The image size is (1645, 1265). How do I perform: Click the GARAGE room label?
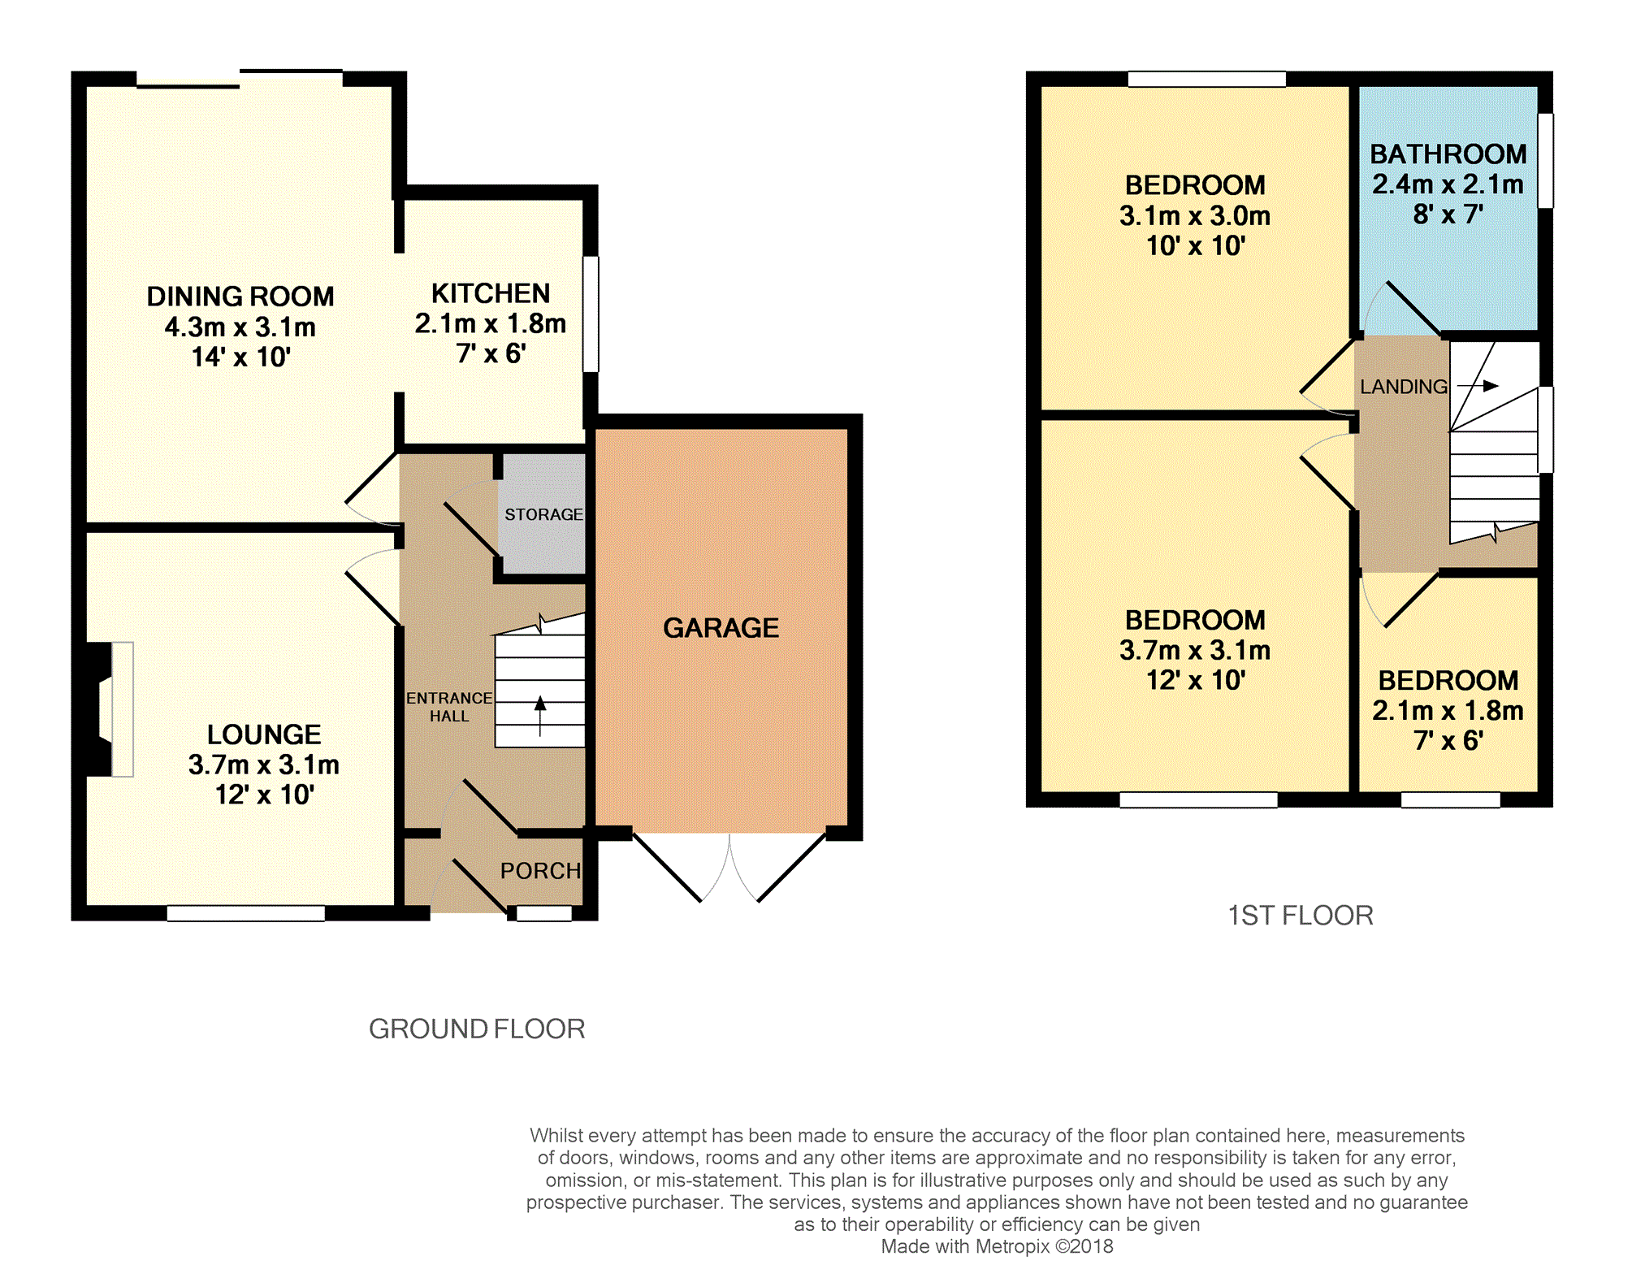point(721,627)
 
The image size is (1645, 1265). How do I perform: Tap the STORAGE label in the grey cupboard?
point(543,514)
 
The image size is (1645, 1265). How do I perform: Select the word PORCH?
point(540,871)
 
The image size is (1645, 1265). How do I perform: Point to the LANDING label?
point(1404,387)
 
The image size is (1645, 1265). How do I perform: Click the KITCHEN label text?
point(491,293)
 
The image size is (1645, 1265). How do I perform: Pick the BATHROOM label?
point(1448,154)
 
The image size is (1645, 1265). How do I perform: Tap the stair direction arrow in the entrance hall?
point(540,716)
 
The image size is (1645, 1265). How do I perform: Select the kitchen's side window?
point(591,314)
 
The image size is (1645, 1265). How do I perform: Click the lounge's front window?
point(245,913)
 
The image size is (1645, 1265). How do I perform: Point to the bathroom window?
point(1546,160)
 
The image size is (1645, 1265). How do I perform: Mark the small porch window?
point(544,913)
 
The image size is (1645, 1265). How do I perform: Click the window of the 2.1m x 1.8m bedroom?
point(1450,799)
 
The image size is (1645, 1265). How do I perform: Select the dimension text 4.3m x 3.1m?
point(240,327)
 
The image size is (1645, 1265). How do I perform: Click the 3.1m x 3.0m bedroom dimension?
point(1195,215)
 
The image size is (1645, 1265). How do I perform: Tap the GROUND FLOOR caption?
point(477,1029)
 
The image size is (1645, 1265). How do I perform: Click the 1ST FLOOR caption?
point(1301,916)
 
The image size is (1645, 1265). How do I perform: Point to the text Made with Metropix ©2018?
point(997,1246)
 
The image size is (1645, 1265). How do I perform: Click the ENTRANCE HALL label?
point(449,707)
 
